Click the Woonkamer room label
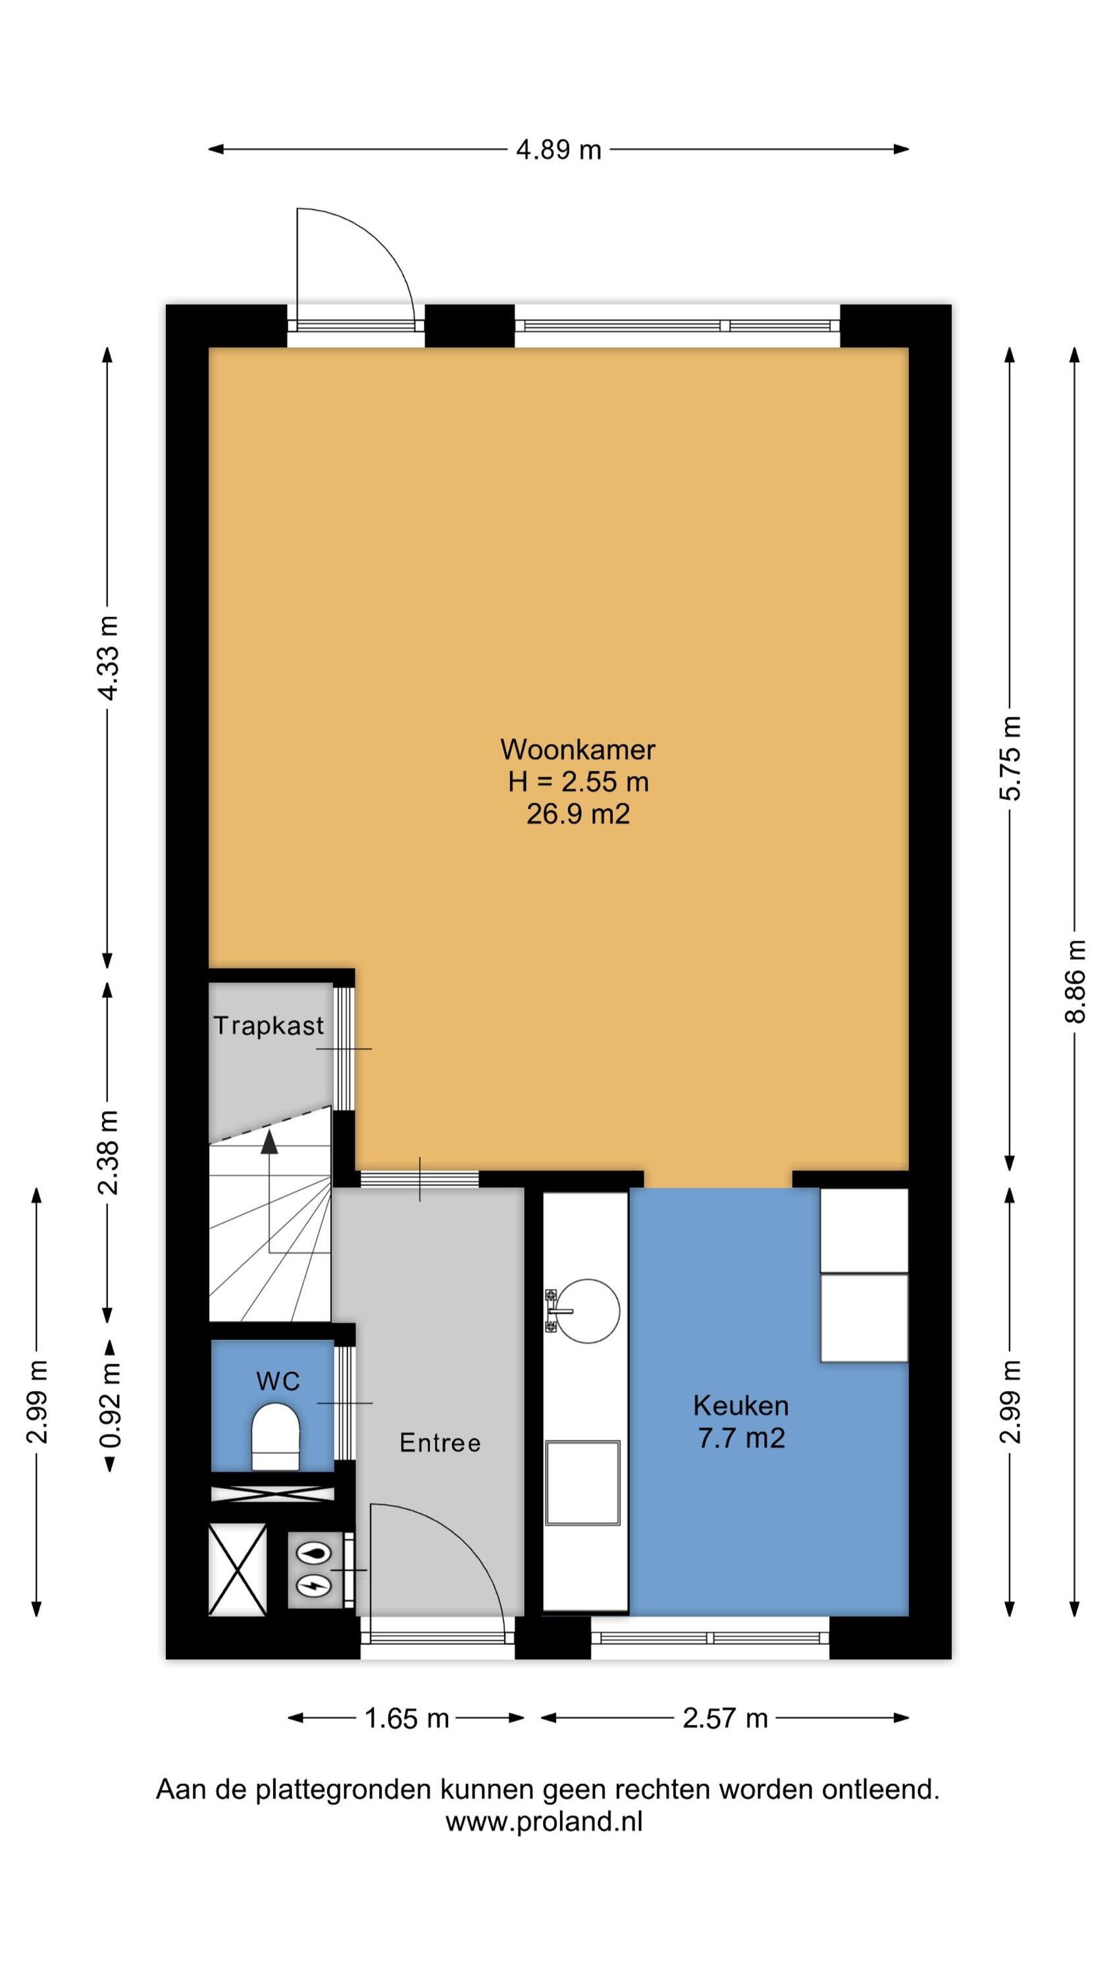(577, 749)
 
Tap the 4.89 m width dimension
(558, 149)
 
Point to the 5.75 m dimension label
(1010, 758)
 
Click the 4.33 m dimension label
(108, 658)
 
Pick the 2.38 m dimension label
(108, 1152)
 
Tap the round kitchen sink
(586, 1311)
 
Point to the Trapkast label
(269, 1026)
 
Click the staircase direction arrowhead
(269, 1142)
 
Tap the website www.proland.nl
(544, 1821)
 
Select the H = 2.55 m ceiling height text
(578, 781)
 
